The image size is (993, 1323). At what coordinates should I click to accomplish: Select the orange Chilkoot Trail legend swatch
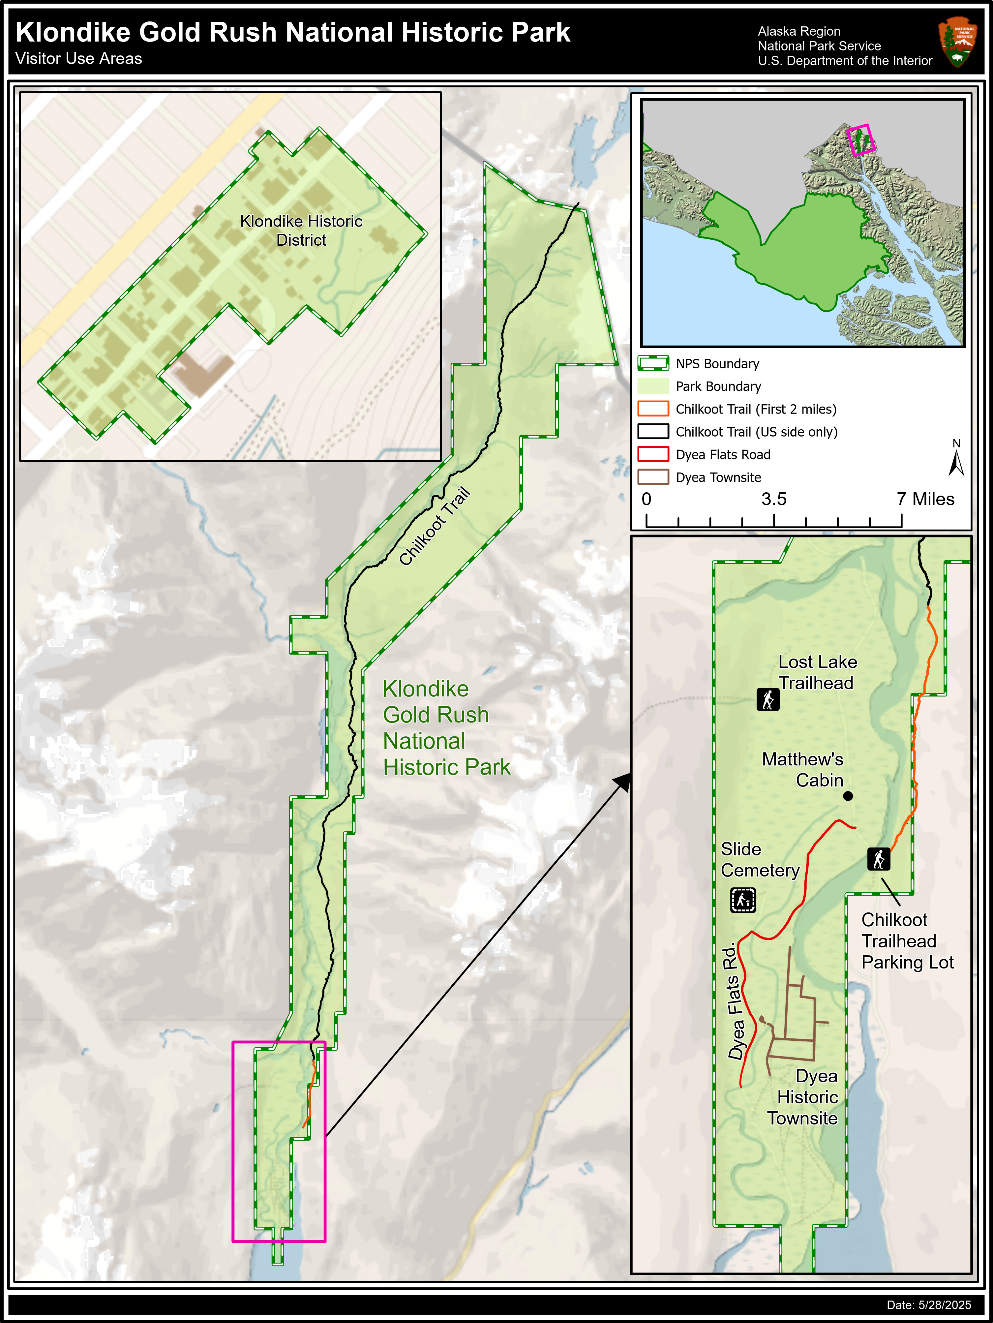pyautogui.click(x=653, y=409)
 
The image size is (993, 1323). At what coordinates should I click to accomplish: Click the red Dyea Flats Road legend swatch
pyautogui.click(x=653, y=454)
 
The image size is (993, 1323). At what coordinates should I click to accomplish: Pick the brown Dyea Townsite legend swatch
pyautogui.click(x=653, y=477)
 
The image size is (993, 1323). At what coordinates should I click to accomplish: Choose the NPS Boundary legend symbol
pyautogui.click(x=653, y=364)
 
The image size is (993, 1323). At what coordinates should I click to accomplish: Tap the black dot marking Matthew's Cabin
pyautogui.click(x=848, y=796)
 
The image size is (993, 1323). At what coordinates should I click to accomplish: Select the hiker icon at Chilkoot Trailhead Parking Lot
pyautogui.click(x=878, y=859)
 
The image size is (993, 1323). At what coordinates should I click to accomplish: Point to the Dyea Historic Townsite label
pyautogui.click(x=803, y=1097)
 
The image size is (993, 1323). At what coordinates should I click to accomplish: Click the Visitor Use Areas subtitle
pyautogui.click(x=79, y=59)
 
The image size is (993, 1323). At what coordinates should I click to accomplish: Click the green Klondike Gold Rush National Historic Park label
pyautogui.click(x=446, y=728)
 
